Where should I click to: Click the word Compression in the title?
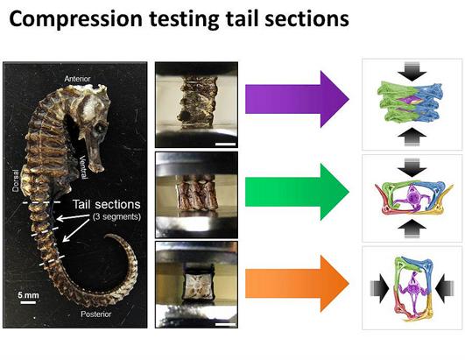click(x=75, y=19)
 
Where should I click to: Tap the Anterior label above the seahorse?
click(x=77, y=79)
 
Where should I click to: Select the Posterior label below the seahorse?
click(x=96, y=314)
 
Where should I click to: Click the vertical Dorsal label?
click(x=15, y=180)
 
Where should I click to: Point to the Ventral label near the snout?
click(x=83, y=167)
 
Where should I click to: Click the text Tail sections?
click(x=107, y=204)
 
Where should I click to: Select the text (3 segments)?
click(x=116, y=216)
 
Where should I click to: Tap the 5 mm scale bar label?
click(x=28, y=295)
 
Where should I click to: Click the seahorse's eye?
click(x=99, y=128)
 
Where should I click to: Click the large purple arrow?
click(x=297, y=99)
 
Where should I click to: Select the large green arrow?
click(x=297, y=192)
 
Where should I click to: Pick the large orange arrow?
click(x=297, y=284)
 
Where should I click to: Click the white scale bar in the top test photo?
click(x=225, y=145)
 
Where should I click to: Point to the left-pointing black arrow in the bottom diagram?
click(x=445, y=288)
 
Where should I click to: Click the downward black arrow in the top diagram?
click(x=412, y=72)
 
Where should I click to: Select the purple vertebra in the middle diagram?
click(x=412, y=197)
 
